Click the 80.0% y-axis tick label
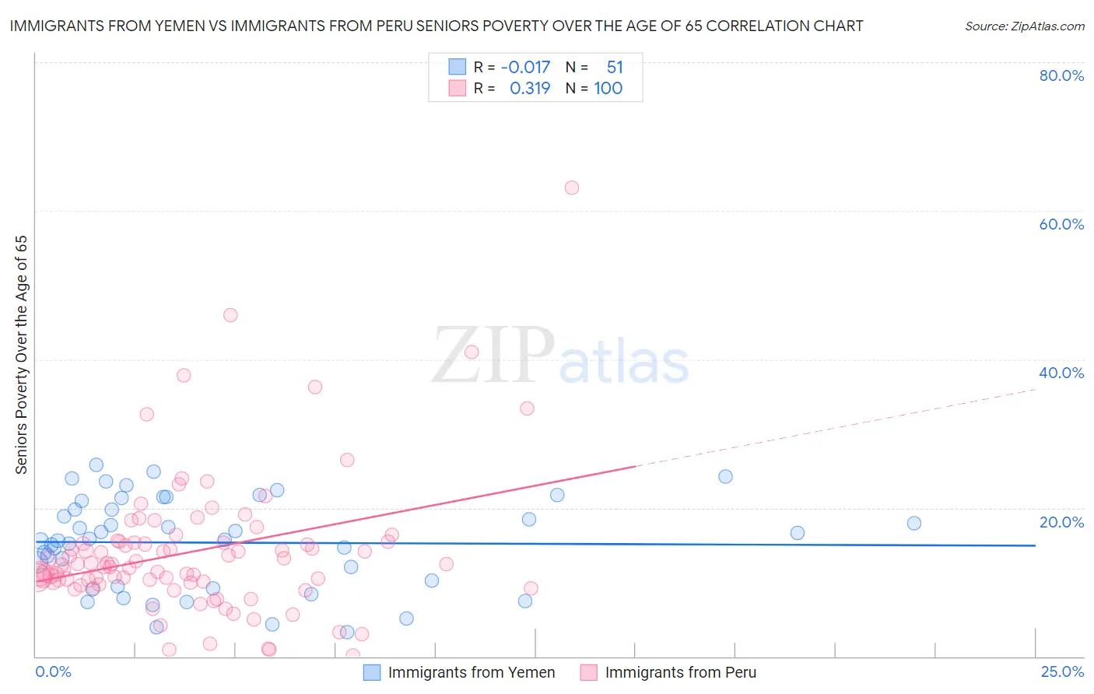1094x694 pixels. pyautogui.click(x=1061, y=75)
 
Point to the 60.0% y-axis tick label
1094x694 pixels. pyautogui.click(x=1061, y=224)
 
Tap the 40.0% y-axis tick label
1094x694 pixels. pyautogui.click(x=1061, y=373)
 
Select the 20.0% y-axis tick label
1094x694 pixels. pyautogui.click(x=1061, y=522)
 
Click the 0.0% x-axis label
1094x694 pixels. pyautogui.click(x=53, y=671)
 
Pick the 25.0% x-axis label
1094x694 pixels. pyautogui.click(x=1062, y=671)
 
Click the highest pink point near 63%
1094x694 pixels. pyautogui.click(x=572, y=188)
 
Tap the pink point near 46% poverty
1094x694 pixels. pyautogui.click(x=230, y=315)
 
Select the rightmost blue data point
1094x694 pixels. pyautogui.click(x=914, y=524)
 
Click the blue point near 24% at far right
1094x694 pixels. pyautogui.click(x=725, y=477)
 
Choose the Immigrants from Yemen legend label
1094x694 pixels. pyautogui.click(x=472, y=672)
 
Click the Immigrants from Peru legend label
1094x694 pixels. pyautogui.click(x=680, y=672)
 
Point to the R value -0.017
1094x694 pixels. pyautogui.click(x=525, y=68)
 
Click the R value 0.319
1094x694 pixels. pyautogui.click(x=530, y=89)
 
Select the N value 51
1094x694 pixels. pyautogui.click(x=615, y=68)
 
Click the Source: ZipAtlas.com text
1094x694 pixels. pyautogui.click(x=1024, y=26)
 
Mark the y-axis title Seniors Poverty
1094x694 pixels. pyautogui.click(x=21, y=355)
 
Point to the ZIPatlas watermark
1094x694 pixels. pyautogui.click(x=560, y=356)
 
